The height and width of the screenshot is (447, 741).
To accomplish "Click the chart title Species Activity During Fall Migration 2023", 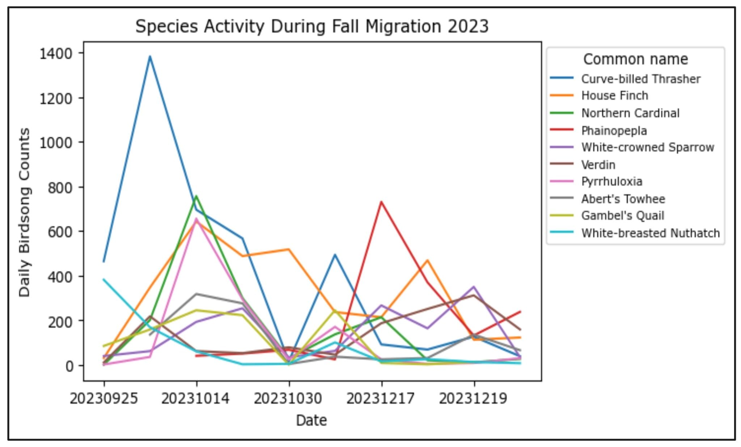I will click(x=312, y=26).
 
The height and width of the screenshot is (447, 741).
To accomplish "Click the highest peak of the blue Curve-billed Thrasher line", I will click(x=150, y=56).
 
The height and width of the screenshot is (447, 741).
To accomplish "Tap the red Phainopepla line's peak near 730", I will click(x=381, y=202).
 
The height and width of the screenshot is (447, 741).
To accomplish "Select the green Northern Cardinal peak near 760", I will click(x=196, y=196).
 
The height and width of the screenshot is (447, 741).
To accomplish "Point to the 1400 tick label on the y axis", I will click(x=56, y=54).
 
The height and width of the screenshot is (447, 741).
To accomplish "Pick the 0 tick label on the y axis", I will click(x=69, y=366).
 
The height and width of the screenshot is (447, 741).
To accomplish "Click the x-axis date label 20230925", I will click(x=104, y=399).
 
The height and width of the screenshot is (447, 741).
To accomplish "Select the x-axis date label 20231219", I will click(x=473, y=399).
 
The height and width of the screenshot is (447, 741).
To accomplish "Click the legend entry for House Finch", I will click(x=614, y=95).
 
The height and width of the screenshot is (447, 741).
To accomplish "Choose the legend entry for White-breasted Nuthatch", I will click(x=650, y=233).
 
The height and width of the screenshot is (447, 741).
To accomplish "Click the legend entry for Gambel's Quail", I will click(x=622, y=216).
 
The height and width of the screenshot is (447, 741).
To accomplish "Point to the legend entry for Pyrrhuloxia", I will click(x=611, y=181).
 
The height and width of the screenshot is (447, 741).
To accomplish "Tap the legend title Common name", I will click(x=635, y=59).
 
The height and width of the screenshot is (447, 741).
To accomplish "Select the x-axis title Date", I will click(x=311, y=420).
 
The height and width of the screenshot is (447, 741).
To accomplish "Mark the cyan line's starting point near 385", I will click(x=104, y=279).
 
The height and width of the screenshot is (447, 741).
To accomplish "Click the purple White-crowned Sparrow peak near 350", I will click(x=474, y=287).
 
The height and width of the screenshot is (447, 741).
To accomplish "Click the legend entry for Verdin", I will click(x=598, y=165).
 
